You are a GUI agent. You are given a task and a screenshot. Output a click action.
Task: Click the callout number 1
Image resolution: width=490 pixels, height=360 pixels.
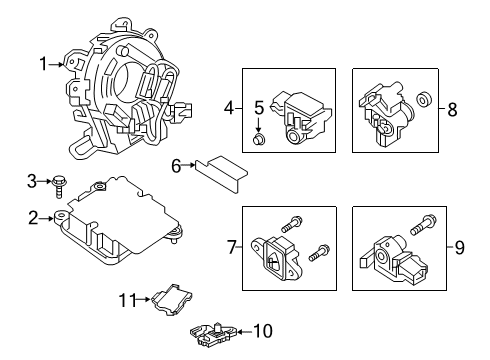pos(43,65)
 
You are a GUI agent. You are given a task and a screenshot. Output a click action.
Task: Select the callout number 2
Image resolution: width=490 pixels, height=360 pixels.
pos(33,217)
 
